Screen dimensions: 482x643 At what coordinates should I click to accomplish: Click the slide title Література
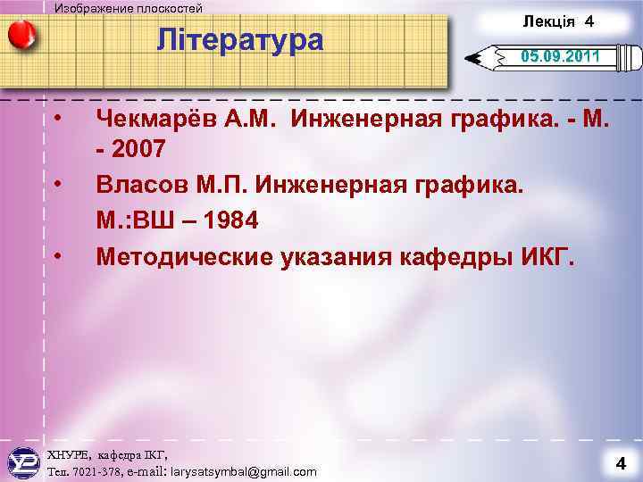click(x=239, y=40)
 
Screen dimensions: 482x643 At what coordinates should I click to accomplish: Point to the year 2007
click(x=138, y=151)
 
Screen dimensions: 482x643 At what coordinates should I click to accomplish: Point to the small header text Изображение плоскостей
click(x=129, y=8)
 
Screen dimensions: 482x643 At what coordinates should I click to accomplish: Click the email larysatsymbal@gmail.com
click(x=243, y=471)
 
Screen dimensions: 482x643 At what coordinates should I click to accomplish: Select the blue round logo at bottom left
click(x=23, y=462)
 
